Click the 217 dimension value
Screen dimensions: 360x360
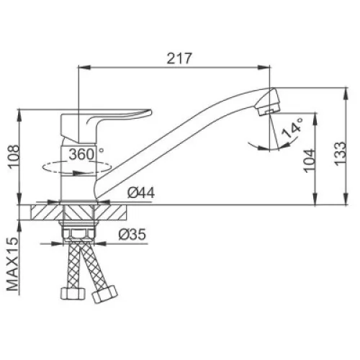tap(179, 58)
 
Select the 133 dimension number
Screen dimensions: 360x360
tap(341, 153)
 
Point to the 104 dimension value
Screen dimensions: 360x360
tap(310, 161)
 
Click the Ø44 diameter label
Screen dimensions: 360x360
tap(141, 192)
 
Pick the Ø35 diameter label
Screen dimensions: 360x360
tap(132, 234)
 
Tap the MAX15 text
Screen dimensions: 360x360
tap(12, 264)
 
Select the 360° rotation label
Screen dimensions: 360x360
tap(86, 154)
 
